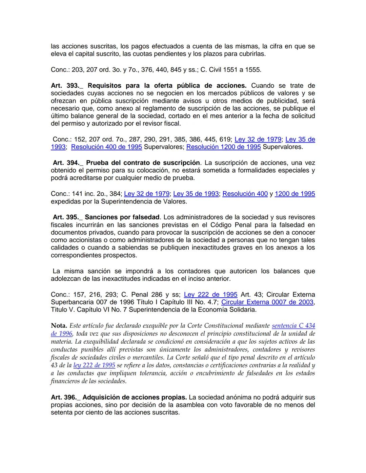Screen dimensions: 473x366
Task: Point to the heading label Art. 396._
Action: coord(65,397)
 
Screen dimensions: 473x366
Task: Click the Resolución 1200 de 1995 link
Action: coord(224,147)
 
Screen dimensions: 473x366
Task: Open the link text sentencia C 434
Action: coord(293,326)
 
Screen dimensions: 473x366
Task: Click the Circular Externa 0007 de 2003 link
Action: coord(267,302)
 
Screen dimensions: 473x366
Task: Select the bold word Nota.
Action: coord(59,326)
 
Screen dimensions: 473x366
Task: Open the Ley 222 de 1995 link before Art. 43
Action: coord(210,295)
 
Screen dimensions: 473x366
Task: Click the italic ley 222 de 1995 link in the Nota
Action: coord(94,365)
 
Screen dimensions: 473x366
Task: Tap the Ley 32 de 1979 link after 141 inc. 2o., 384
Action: coord(147,194)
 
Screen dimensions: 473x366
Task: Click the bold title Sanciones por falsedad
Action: coord(122,217)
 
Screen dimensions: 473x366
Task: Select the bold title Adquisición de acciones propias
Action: coord(135,397)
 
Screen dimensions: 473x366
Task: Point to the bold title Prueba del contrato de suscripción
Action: coord(143,163)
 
